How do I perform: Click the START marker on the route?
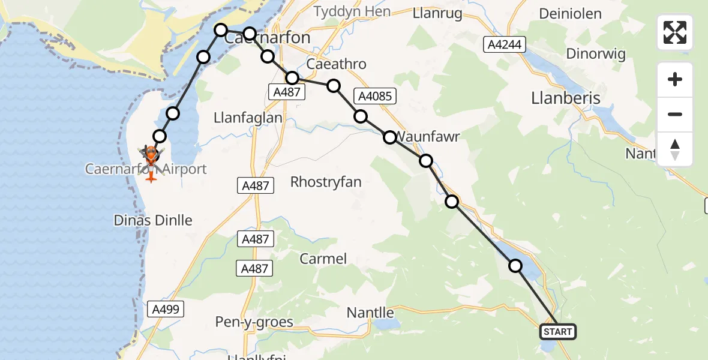(558, 331)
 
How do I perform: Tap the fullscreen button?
(675, 32)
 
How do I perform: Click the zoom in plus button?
(675, 80)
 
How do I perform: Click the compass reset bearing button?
(675, 149)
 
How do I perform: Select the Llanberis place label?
(566, 98)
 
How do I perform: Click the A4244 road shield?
(505, 44)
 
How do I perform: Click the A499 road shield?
(166, 309)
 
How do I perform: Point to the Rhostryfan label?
(326, 182)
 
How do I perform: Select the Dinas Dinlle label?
(153, 220)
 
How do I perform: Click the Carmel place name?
(323, 259)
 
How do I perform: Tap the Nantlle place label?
(370, 313)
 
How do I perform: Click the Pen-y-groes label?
(254, 322)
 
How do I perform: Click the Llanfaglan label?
(248, 118)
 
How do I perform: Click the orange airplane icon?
(151, 176)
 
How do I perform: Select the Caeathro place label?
(336, 64)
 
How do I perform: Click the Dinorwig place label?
(596, 54)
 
